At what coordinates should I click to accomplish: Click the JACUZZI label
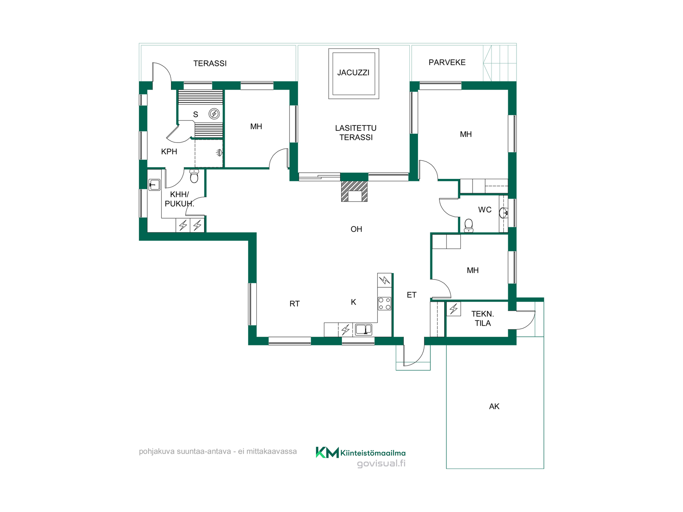[x=353, y=73]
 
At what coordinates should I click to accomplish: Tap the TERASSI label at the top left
[x=210, y=63]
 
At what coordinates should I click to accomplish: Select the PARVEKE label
[x=447, y=62]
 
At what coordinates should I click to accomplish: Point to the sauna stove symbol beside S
[x=214, y=114]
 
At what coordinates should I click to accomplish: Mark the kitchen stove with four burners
[x=385, y=304]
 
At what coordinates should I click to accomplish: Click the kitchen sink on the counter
[x=364, y=330]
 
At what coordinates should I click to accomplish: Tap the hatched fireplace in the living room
[x=354, y=191]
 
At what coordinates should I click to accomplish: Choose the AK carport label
[x=494, y=406]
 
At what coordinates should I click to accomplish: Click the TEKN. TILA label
[x=483, y=319]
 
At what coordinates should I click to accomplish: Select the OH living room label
[x=356, y=229]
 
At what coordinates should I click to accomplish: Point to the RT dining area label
[x=295, y=304]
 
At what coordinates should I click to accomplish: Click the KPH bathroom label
[x=169, y=151]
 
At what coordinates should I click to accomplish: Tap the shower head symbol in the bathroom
[x=219, y=153]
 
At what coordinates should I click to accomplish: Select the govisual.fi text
[x=381, y=464]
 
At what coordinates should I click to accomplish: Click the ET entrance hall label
[x=412, y=295]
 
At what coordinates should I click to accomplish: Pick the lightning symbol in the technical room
[x=454, y=309]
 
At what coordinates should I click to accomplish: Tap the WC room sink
[x=504, y=213]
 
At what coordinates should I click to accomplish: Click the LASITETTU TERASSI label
[x=356, y=133]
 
